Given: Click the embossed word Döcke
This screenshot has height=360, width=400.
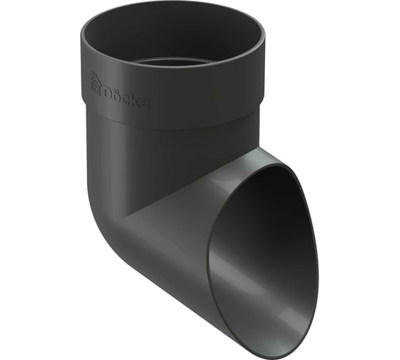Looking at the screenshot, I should pyautogui.click(x=126, y=95).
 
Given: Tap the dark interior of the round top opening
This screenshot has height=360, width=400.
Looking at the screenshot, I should pyautogui.click(x=171, y=36).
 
